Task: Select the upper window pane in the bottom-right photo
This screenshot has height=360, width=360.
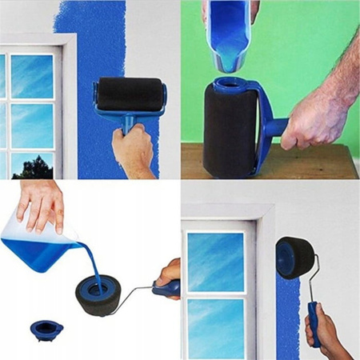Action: pos(216,261)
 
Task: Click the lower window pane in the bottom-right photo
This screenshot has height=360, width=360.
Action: pos(216,328)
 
